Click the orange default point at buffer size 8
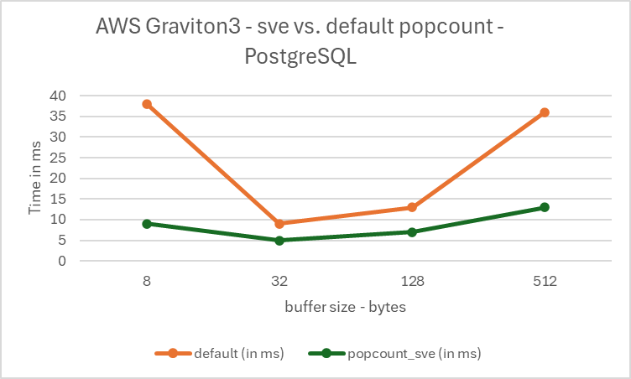[x=147, y=104]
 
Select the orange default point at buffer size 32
[x=279, y=224]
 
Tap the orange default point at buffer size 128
[x=412, y=207]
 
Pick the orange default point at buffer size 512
[x=545, y=112]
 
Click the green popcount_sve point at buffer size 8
[x=147, y=224]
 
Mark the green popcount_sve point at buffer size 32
[x=279, y=241]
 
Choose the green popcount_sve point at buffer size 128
[x=412, y=232]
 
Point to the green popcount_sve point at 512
[x=545, y=207]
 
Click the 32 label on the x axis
[x=279, y=283]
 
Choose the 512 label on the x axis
[x=545, y=283]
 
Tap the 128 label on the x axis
[x=412, y=283]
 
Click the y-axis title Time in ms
[x=35, y=179]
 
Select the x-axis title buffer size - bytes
[x=346, y=307]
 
